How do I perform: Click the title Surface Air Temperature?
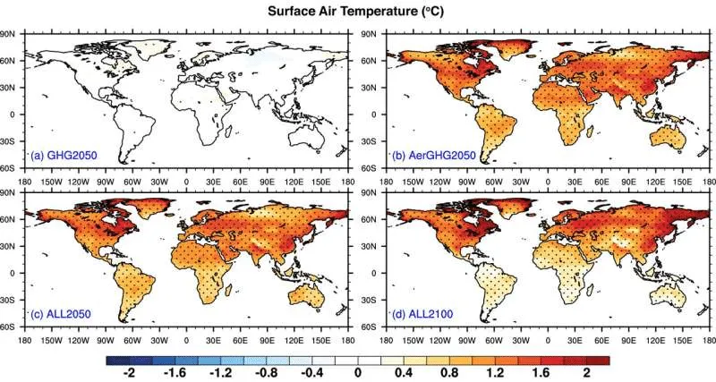358,12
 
